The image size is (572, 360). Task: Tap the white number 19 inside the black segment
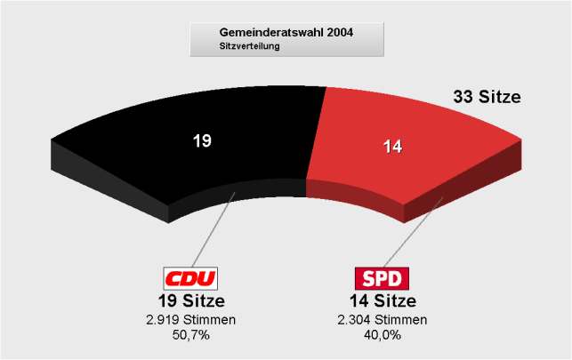click(x=202, y=140)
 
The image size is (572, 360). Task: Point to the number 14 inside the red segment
click(x=391, y=147)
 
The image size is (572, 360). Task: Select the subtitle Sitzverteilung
click(x=249, y=46)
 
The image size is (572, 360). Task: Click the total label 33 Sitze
click(x=487, y=98)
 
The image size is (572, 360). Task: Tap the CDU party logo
click(x=191, y=278)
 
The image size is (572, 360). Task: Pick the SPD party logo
click(x=383, y=278)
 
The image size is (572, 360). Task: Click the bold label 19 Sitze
click(x=191, y=300)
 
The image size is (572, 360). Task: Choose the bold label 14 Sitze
click(x=383, y=300)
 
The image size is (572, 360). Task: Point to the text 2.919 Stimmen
click(x=191, y=319)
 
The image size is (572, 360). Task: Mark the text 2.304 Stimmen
click(x=383, y=319)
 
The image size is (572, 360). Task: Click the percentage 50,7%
click(x=191, y=335)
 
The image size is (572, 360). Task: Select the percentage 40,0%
click(x=383, y=335)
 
